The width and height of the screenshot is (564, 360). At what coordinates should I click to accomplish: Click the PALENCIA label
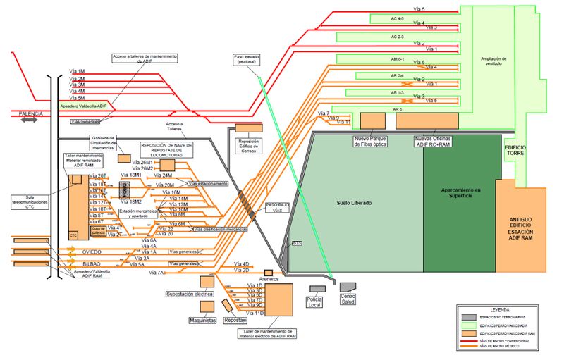(31, 113)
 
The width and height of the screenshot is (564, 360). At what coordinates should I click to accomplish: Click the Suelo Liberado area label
(355, 203)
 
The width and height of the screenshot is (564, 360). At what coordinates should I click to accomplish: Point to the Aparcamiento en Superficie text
(460, 192)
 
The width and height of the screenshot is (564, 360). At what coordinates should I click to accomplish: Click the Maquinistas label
(207, 318)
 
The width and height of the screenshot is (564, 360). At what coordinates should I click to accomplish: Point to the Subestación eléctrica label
(189, 294)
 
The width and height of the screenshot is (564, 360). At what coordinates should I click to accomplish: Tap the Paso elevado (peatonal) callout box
(246, 59)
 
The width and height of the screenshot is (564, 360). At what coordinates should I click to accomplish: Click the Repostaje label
(235, 318)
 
